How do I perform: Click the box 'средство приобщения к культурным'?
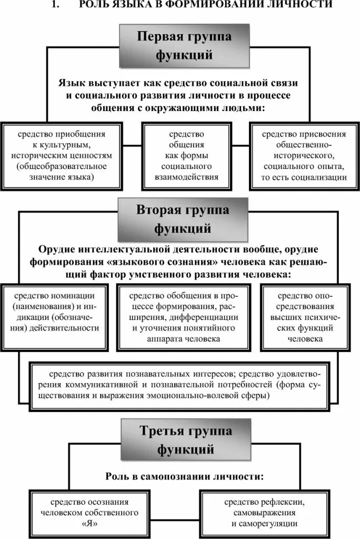[x=62, y=156]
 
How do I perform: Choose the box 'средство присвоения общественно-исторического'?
[x=304, y=156]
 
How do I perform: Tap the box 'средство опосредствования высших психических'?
[x=305, y=317]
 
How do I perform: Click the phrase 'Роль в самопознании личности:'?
[x=183, y=476]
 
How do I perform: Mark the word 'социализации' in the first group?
[x=322, y=177]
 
